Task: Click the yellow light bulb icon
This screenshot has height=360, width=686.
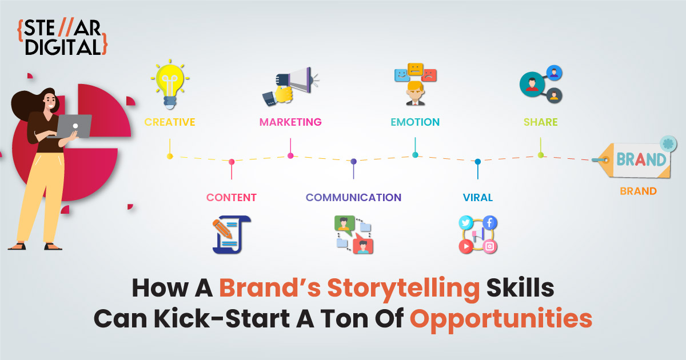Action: [170, 84]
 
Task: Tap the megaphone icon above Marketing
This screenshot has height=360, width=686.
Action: [290, 86]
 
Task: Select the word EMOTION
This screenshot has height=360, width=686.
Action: [415, 122]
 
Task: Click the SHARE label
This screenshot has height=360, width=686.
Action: [541, 122]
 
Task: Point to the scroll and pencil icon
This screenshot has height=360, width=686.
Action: [232, 234]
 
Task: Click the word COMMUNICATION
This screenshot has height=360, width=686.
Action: [353, 198]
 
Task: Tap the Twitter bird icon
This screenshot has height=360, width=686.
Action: [466, 222]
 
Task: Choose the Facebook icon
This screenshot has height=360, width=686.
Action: [490, 222]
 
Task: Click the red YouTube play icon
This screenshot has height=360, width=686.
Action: [466, 246]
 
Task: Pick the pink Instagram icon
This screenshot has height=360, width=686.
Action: [490, 246]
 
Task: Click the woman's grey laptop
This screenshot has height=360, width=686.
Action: [74, 126]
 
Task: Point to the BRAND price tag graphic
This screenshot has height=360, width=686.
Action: [634, 158]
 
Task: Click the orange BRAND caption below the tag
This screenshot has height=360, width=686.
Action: [638, 191]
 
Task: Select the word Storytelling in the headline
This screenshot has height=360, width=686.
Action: [404, 289]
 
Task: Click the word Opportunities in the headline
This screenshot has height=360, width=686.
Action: [501, 319]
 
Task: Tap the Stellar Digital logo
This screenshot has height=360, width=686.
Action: [62, 37]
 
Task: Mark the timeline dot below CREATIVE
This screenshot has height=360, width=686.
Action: [170, 157]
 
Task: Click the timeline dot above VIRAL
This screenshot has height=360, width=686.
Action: [478, 161]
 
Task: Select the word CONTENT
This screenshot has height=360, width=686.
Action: [232, 198]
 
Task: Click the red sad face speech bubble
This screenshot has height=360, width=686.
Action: [429, 75]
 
